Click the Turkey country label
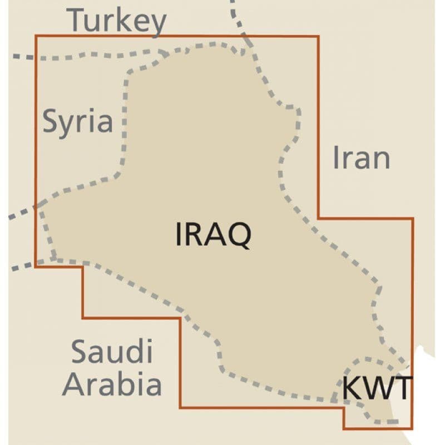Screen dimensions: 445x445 (117, 21)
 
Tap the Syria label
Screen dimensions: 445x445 (78, 121)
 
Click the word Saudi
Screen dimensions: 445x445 (112, 352)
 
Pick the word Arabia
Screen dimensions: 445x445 (112, 383)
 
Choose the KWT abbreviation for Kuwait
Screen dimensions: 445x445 (377, 388)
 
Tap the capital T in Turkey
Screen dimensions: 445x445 (77, 20)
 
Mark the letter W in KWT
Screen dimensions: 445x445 (378, 388)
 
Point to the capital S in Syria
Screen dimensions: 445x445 (52, 121)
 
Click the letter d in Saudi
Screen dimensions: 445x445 (137, 352)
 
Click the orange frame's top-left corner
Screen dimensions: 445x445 (36, 36)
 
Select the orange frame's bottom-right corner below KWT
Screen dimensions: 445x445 (412, 428)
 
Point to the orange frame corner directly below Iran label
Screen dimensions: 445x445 (318, 218)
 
